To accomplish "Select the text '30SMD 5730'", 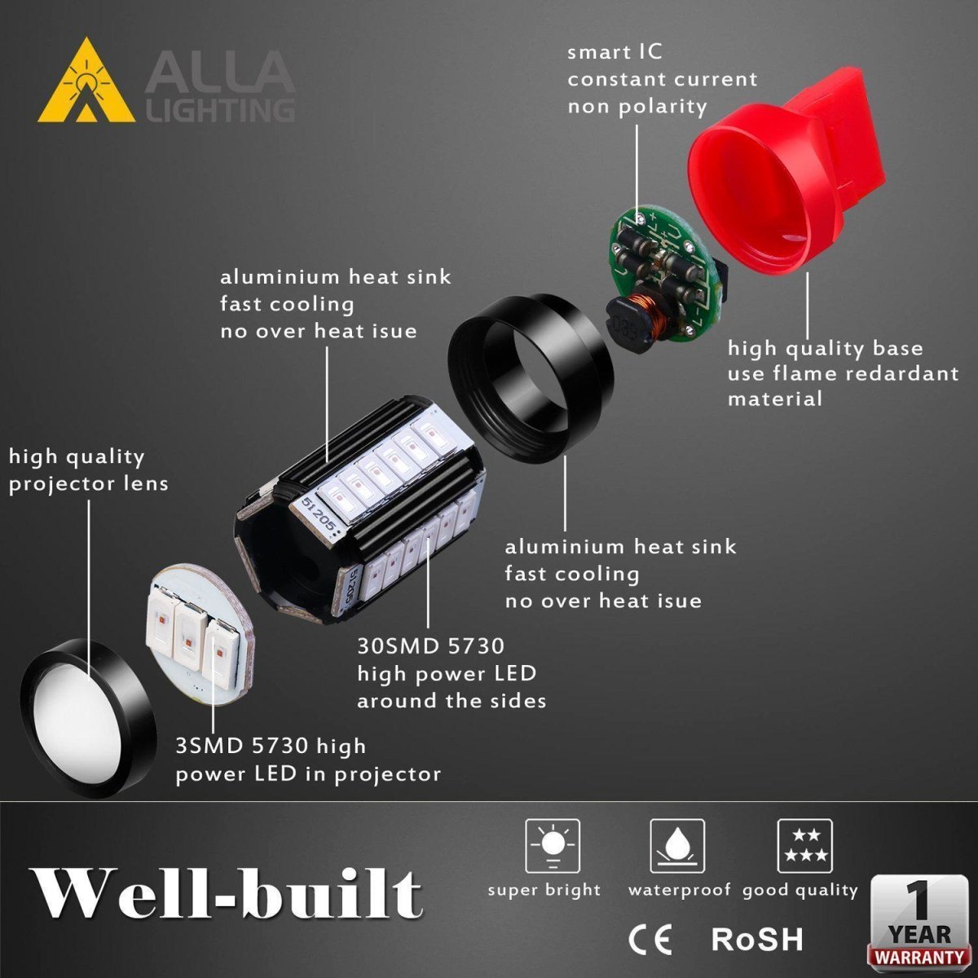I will pyautogui.click(x=430, y=646).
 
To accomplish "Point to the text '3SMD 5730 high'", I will pyautogui.click(x=271, y=746).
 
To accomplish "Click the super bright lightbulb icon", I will pyautogui.click(x=552, y=846).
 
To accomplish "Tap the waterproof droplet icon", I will pyautogui.click(x=677, y=846).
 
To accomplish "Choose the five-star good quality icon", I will pyautogui.click(x=804, y=846).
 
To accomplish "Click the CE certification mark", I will pyautogui.click(x=650, y=939).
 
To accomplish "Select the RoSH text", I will pyautogui.click(x=757, y=939).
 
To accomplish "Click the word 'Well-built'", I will pyautogui.click(x=226, y=895).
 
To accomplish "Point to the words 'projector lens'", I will pyautogui.click(x=89, y=483).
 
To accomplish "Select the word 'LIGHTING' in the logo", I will pyautogui.click(x=220, y=109).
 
